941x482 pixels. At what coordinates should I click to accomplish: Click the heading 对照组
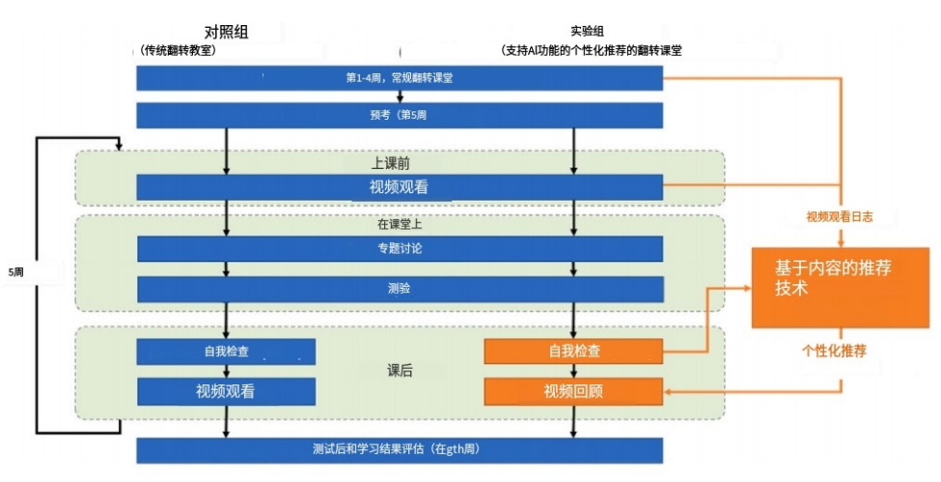tap(227, 32)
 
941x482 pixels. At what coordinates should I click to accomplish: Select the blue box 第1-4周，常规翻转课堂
tap(399, 78)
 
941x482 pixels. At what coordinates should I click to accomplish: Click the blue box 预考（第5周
tap(399, 115)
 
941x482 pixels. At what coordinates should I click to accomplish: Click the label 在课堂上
tap(400, 224)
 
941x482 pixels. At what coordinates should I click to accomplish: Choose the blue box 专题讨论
tap(399, 249)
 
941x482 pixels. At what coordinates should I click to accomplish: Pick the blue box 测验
tap(399, 289)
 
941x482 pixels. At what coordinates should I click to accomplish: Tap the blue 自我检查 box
tap(226, 352)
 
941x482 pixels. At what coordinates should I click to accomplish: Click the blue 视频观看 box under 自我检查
tap(226, 391)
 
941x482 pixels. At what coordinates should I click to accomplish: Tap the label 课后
tap(400, 371)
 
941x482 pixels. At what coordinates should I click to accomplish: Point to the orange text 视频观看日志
tap(840, 217)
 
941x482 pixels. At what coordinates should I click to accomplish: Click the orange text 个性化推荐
tap(833, 350)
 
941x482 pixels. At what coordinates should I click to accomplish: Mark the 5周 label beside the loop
tap(15, 273)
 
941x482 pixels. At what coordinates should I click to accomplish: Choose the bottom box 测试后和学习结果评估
tap(399, 450)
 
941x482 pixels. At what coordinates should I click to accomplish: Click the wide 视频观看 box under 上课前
tap(399, 187)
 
